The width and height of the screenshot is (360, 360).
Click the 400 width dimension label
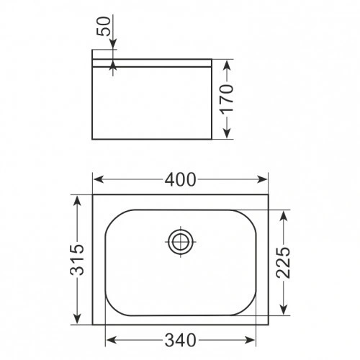pyautogui.click(x=181, y=181)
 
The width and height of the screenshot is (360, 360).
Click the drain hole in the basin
pyautogui.click(x=180, y=242)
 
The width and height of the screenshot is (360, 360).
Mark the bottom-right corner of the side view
pyautogui.click(x=210, y=140)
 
